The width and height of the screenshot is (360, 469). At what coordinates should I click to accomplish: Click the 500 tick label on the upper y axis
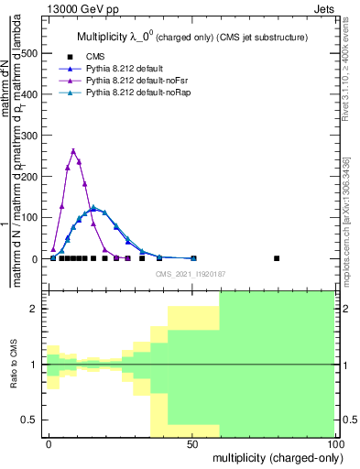pos(28,53)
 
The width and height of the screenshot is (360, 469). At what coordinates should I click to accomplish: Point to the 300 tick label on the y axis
pos(28,136)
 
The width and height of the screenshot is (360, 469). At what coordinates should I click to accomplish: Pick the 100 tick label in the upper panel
pos(28,218)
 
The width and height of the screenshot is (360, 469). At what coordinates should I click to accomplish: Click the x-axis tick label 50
pos(192,443)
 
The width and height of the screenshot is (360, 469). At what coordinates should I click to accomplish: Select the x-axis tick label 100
pos(335,443)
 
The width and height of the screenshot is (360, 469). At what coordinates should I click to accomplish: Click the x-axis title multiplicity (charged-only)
pos(273,457)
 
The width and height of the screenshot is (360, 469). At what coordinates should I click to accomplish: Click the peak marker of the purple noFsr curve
pos(73,151)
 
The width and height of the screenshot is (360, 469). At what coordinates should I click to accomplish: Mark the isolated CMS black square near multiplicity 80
pos(277,258)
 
